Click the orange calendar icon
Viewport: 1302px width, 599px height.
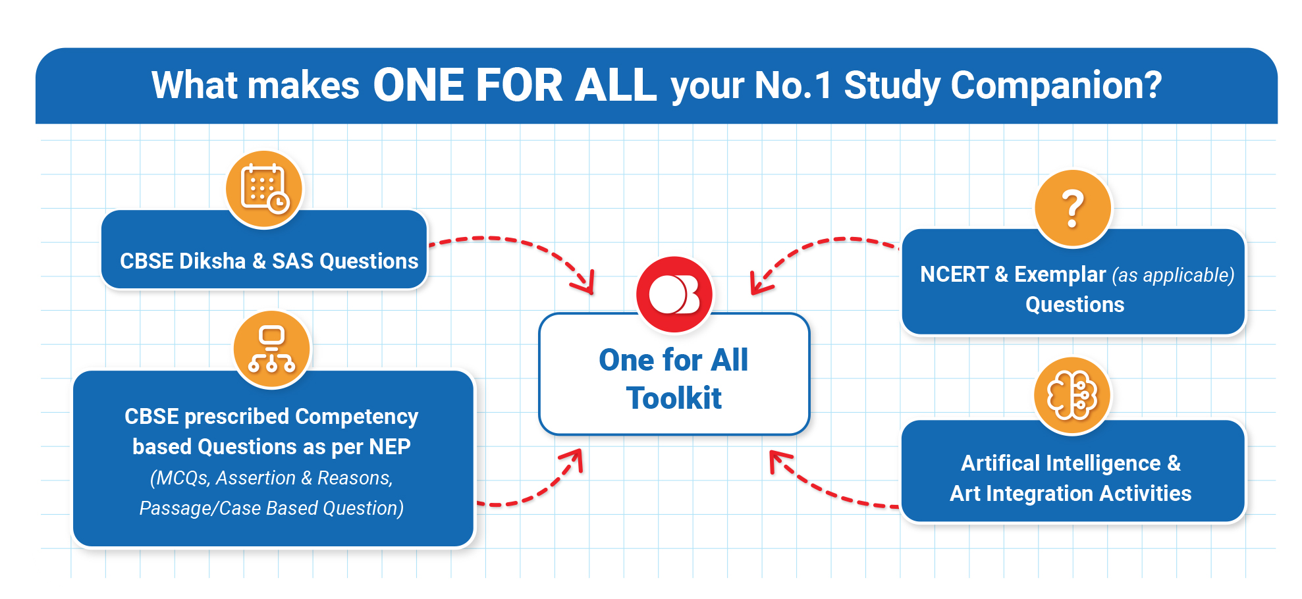click(264, 189)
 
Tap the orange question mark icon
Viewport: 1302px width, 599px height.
click(1073, 208)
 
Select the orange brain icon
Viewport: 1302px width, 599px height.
click(1072, 396)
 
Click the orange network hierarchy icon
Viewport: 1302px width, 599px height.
click(271, 350)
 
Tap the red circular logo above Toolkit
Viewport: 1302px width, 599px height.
click(674, 294)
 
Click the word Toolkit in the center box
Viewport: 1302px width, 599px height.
click(674, 398)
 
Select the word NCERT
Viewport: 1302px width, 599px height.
click(954, 274)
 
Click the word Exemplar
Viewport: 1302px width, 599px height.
click(1060, 274)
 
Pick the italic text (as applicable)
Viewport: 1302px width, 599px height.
click(1173, 275)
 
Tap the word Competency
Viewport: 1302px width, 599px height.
click(356, 417)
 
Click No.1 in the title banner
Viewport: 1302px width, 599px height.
click(794, 86)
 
